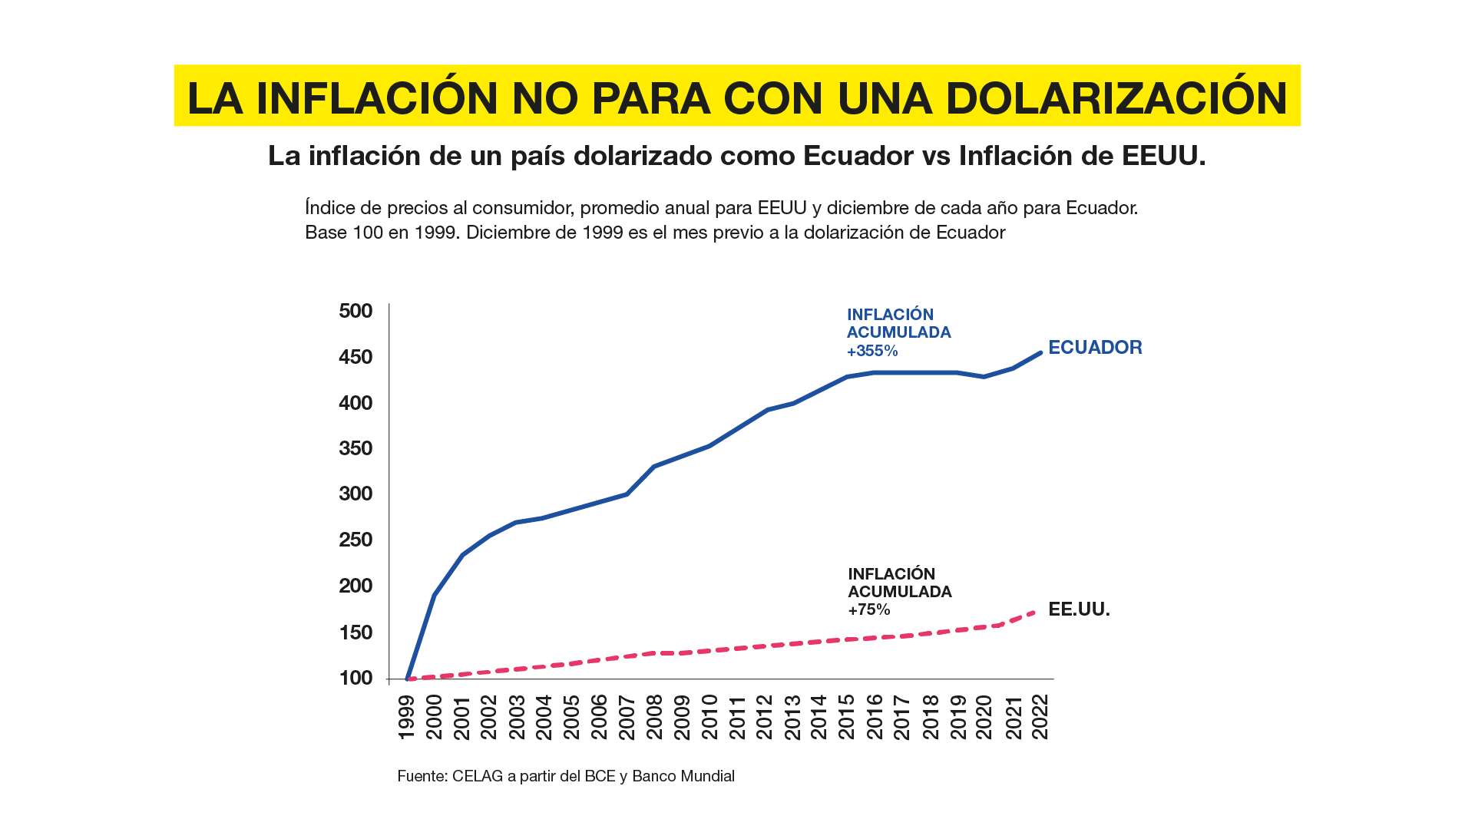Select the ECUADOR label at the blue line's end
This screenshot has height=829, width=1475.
tap(1095, 348)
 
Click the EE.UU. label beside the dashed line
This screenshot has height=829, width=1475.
tap(1079, 609)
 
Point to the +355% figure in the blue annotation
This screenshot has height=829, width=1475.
tap(872, 351)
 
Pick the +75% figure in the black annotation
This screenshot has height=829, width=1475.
tap(869, 610)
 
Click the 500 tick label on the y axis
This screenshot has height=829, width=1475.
tap(356, 311)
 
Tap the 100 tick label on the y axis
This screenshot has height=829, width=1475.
tap(356, 678)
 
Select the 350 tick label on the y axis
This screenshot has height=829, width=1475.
tap(356, 448)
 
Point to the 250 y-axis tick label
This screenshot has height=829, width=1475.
tap(356, 540)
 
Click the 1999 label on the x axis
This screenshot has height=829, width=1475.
tap(406, 718)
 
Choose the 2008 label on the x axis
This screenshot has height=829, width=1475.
tap(654, 718)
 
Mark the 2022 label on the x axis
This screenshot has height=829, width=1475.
tap(1040, 718)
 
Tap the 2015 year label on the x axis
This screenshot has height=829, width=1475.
tap(846, 718)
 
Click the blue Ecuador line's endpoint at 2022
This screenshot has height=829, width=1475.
tap(1040, 352)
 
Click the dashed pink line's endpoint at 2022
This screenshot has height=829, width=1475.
tap(1039, 611)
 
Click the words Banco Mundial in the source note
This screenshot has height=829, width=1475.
tap(683, 776)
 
